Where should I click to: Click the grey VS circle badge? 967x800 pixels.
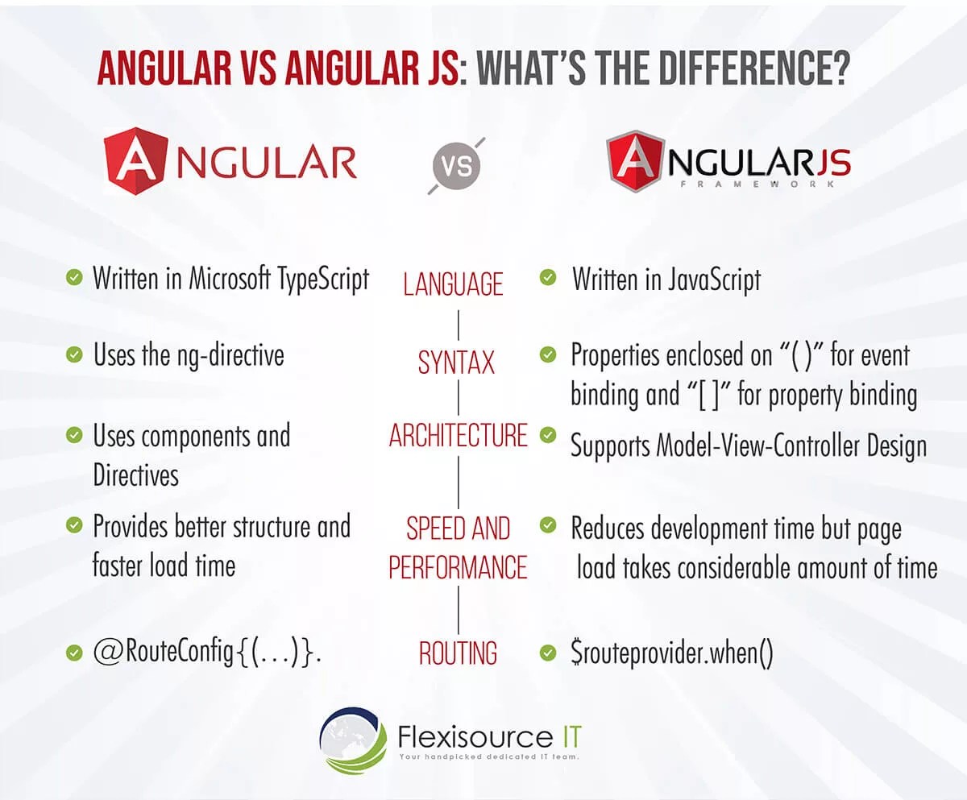pyautogui.click(x=456, y=166)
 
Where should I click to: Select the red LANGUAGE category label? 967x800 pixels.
pyautogui.click(x=454, y=284)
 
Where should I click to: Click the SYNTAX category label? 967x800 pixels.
pyautogui.click(x=456, y=363)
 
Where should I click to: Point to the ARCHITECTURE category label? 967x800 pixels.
pyautogui.click(x=458, y=436)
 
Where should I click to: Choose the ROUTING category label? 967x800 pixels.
pyautogui.click(x=458, y=653)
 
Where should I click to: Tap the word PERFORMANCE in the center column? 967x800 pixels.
pyautogui.click(x=458, y=567)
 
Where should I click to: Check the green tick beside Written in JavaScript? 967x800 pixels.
pyautogui.click(x=548, y=278)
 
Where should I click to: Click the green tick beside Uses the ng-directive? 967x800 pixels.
pyautogui.click(x=74, y=354)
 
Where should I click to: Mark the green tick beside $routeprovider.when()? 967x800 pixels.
pyautogui.click(x=548, y=652)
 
